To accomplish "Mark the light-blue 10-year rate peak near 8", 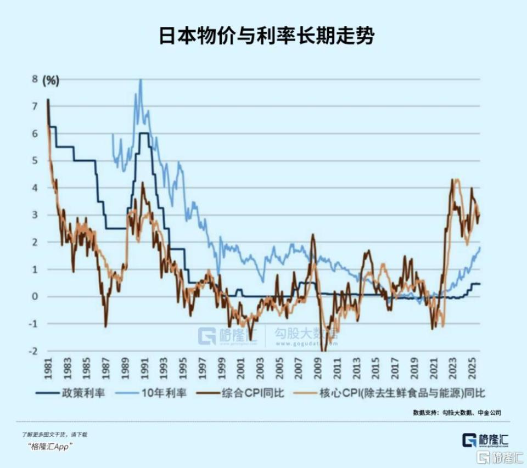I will coord(141,81).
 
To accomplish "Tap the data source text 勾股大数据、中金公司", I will coord(471,412).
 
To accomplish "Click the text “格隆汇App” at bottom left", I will coord(50,446).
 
